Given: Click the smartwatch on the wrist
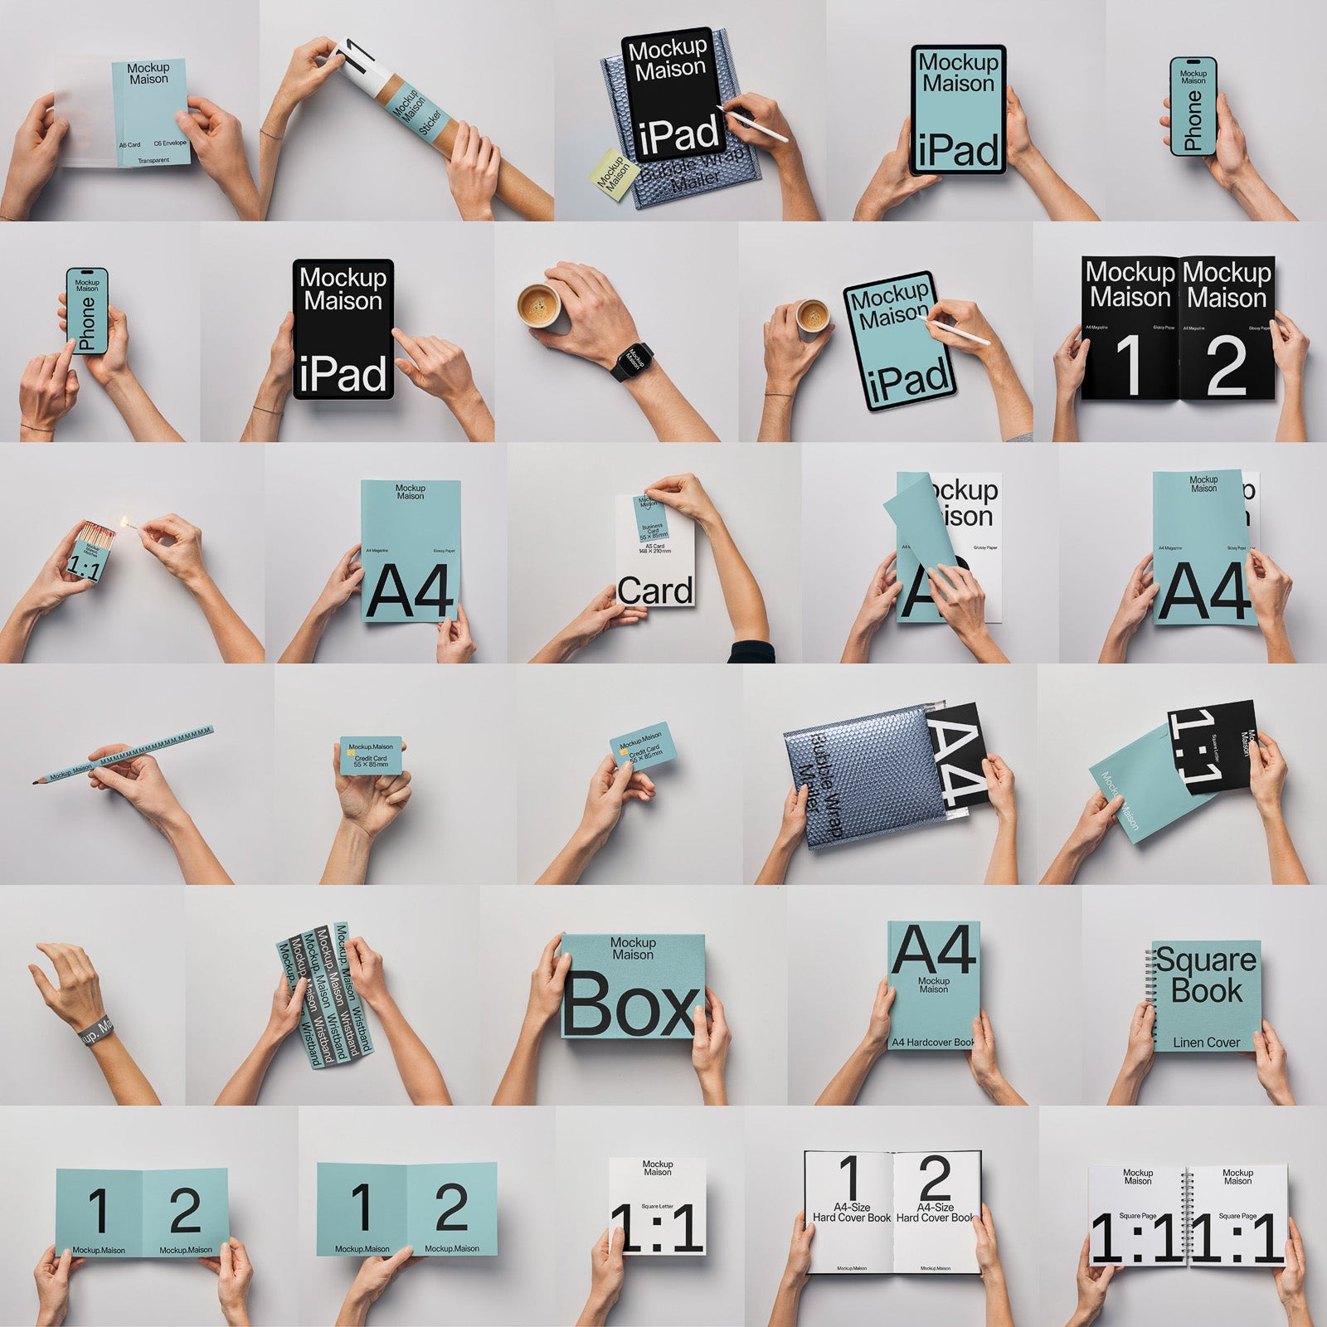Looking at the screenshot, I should click(634, 361).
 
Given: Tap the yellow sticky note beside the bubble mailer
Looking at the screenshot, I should click(612, 174).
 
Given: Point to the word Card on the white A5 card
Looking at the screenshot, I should click(654, 591).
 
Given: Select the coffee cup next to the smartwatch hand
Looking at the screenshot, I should click(539, 305).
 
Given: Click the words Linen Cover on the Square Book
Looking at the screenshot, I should click(1206, 1043).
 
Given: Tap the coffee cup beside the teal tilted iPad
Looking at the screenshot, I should click(812, 315).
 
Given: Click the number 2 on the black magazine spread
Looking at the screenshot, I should click(1226, 366).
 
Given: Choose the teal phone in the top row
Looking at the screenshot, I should click(1193, 106).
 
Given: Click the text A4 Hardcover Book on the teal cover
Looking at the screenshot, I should click(932, 1043).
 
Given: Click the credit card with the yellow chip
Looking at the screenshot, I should click(371, 756).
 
